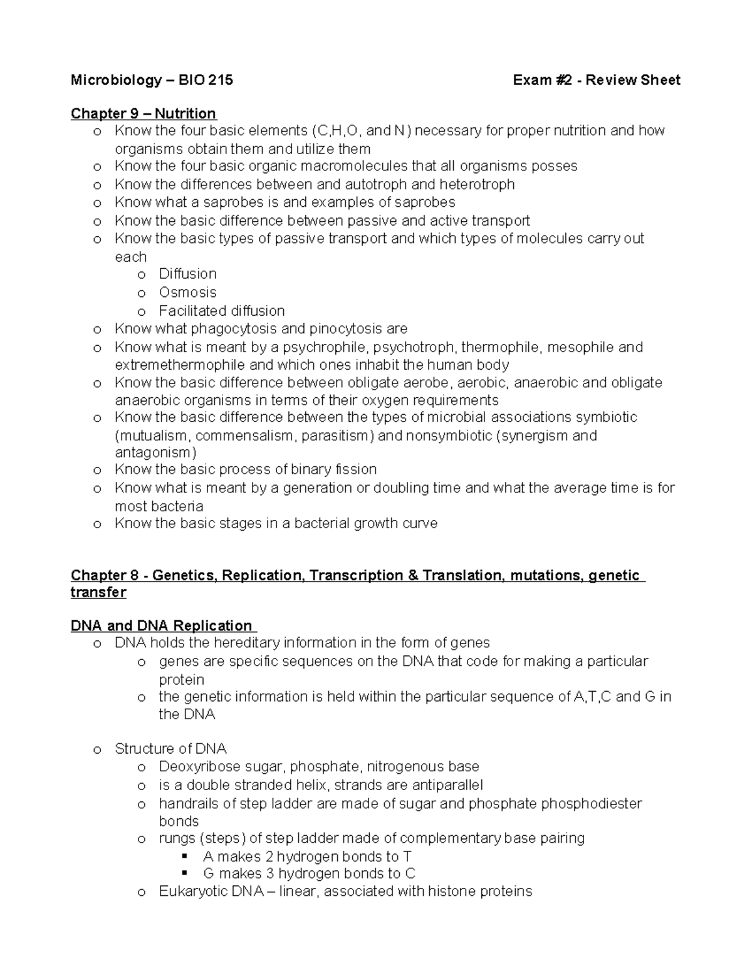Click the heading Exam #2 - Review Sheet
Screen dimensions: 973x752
pos(596,80)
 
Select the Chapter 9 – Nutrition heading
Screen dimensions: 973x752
pos(144,113)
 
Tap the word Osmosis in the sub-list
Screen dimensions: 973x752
pos(187,293)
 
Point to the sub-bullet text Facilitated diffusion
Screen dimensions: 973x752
pos(221,311)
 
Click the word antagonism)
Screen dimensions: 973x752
pos(155,452)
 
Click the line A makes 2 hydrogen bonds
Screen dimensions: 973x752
pos(307,856)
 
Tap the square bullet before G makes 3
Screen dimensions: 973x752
pos(184,874)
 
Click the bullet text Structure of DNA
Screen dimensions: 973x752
pos(170,749)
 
